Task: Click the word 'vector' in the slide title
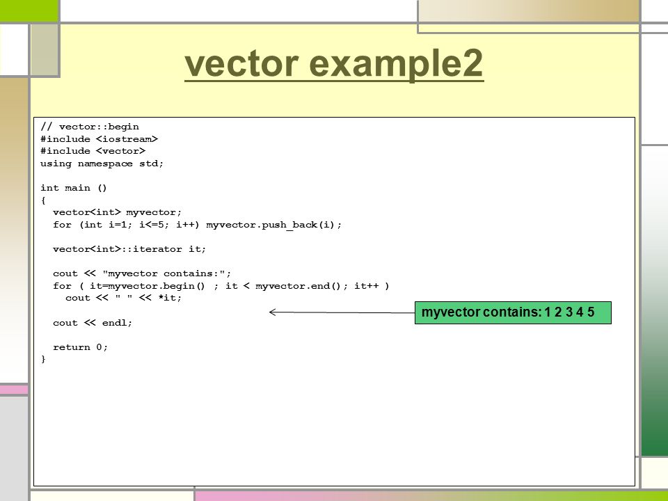coord(241,63)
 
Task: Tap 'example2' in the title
coord(396,64)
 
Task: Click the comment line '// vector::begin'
coord(90,127)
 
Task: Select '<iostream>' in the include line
coord(127,139)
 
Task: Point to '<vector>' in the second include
coord(120,151)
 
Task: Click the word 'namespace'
coord(105,164)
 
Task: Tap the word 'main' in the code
coord(77,188)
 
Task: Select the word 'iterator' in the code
coord(158,249)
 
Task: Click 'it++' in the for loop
coord(367,286)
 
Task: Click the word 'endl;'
coord(117,323)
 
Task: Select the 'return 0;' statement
coord(81,347)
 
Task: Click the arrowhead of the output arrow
coord(273,312)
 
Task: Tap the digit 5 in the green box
coord(591,312)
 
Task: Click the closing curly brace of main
coord(43,359)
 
